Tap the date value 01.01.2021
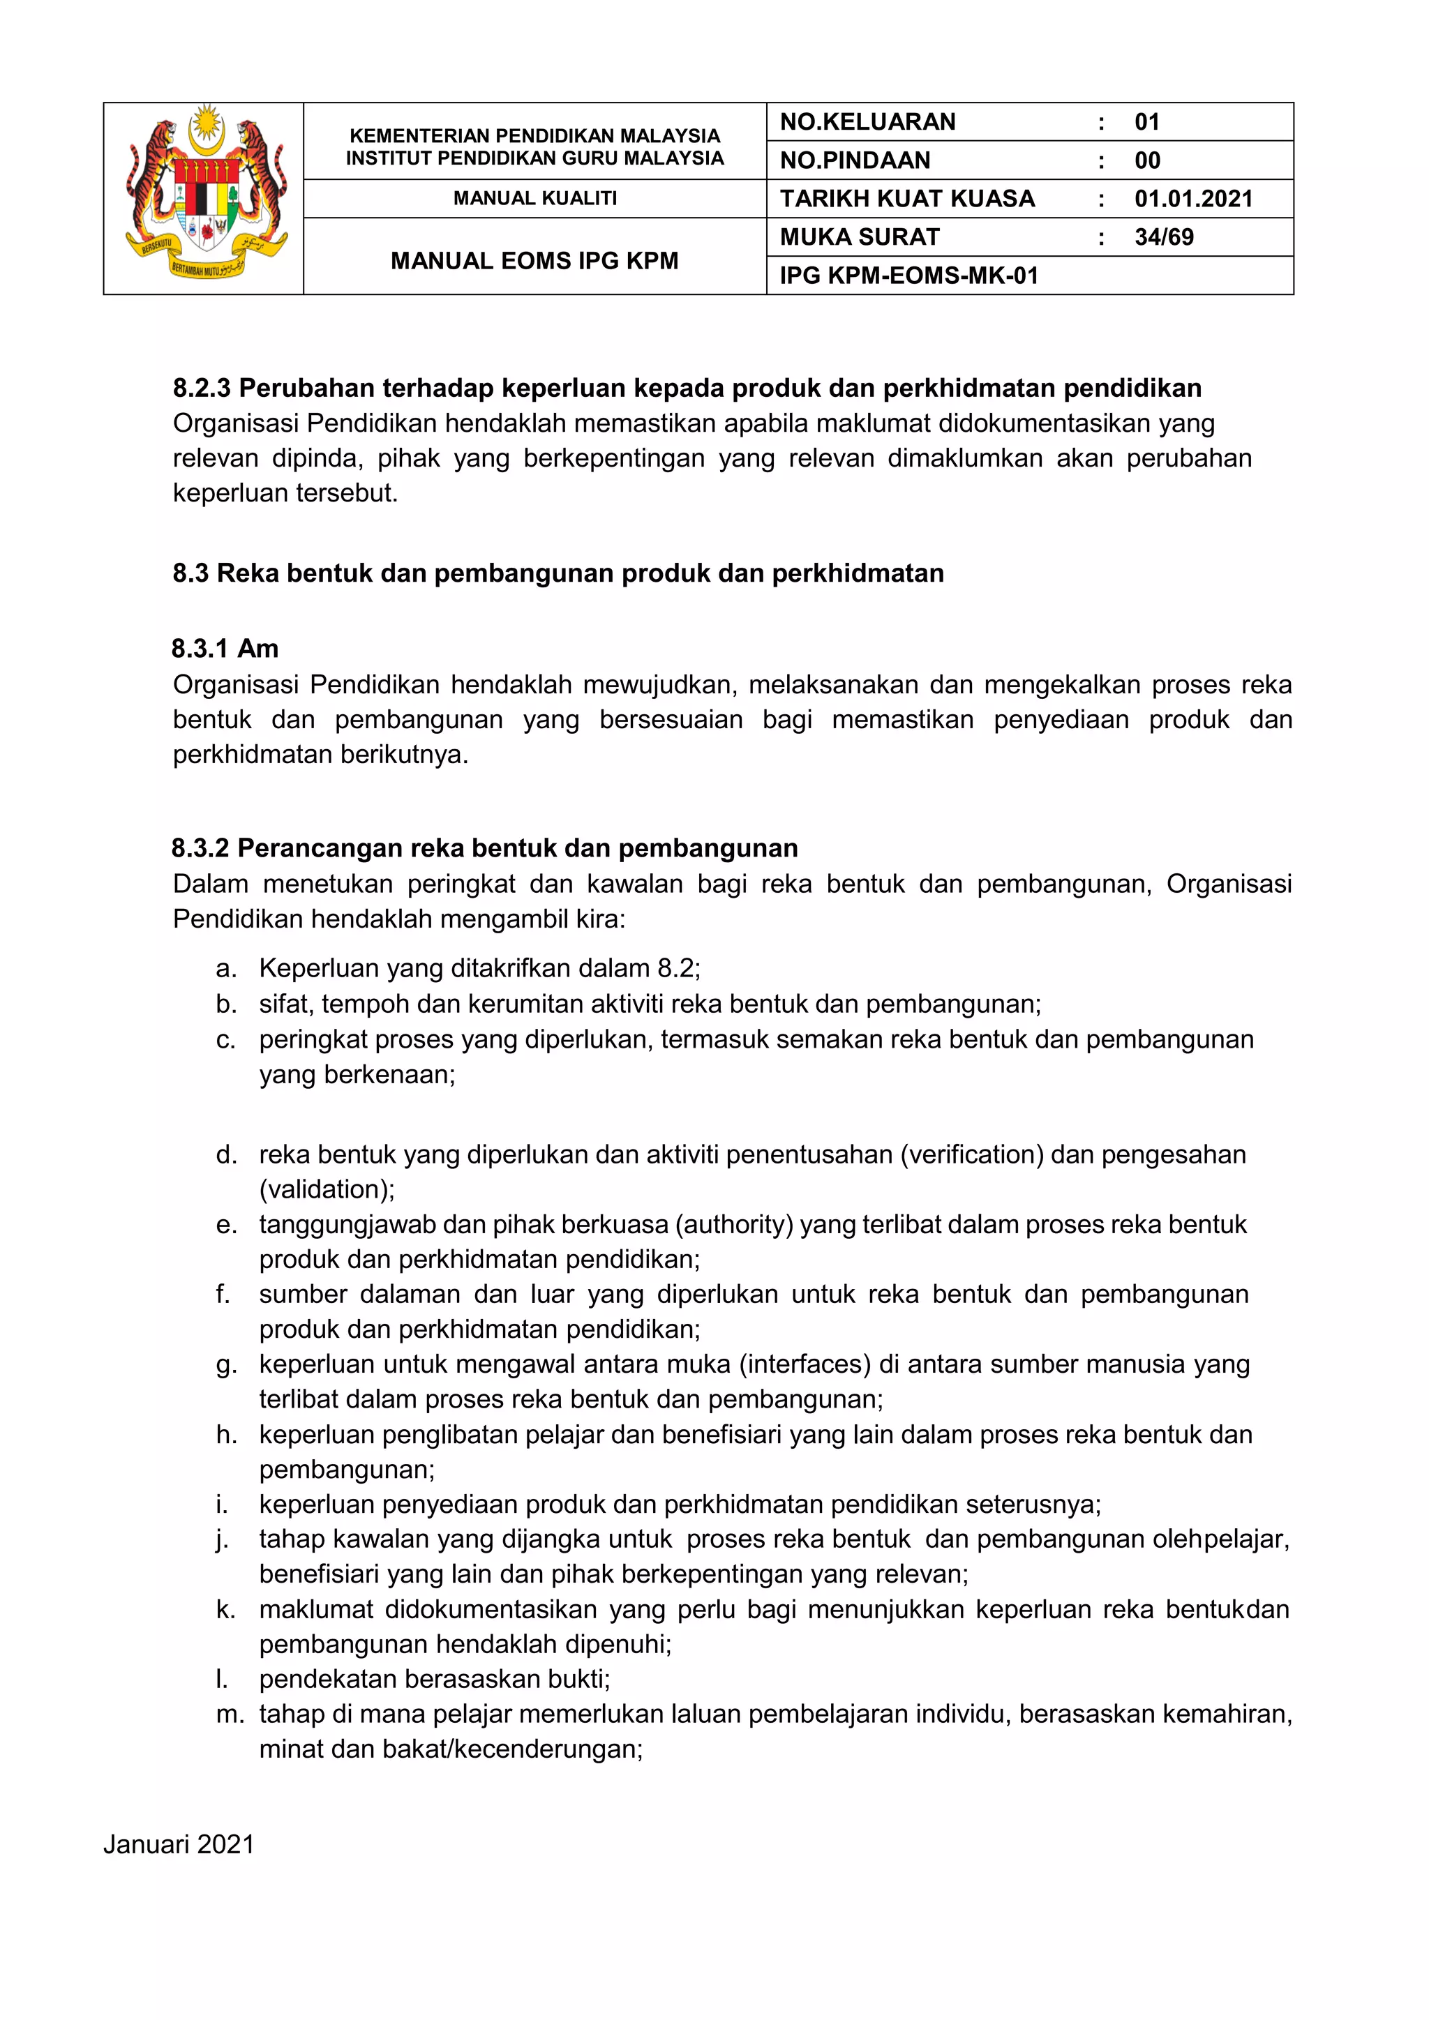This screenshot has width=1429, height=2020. (1193, 199)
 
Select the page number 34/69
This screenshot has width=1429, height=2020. (1163, 238)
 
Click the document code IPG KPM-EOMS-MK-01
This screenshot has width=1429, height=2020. (909, 276)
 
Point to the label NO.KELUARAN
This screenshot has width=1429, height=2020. (867, 122)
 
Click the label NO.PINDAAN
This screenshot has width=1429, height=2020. (855, 161)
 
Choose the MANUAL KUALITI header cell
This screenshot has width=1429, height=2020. (535, 199)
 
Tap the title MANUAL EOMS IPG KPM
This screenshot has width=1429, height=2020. (535, 262)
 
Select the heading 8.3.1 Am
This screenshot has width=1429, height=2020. (225, 649)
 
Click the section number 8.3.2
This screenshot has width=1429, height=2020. (201, 848)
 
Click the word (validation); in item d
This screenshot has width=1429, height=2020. (327, 1189)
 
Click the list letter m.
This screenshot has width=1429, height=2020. (230, 1714)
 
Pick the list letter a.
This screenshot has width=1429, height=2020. (225, 969)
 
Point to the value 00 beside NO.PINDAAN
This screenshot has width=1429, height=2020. (1146, 161)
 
